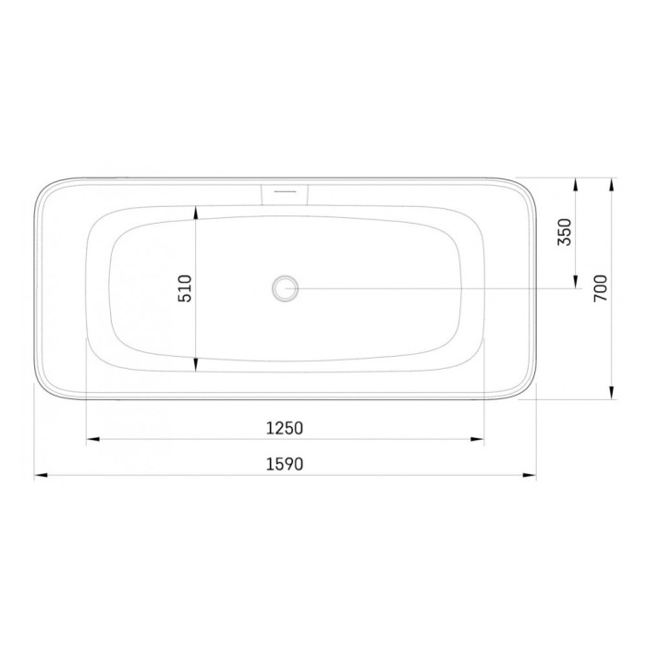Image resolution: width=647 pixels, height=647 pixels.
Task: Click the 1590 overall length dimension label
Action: coord(285,464)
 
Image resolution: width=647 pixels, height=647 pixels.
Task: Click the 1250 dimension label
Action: coord(285,428)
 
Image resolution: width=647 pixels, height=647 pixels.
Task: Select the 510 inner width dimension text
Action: coord(185,288)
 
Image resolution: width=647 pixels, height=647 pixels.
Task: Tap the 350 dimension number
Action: coord(565,232)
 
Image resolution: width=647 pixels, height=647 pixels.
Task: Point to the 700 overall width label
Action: coord(601,288)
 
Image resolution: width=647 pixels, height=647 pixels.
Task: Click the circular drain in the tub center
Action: coord(285,288)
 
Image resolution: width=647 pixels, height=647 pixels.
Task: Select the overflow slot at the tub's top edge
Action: coord(285,194)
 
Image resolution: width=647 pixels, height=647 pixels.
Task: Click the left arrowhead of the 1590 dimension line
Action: coord(41,475)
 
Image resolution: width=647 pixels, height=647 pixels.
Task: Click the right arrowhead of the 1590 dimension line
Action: coord(530,475)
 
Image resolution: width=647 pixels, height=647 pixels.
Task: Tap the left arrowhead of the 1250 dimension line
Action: coord(92,439)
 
